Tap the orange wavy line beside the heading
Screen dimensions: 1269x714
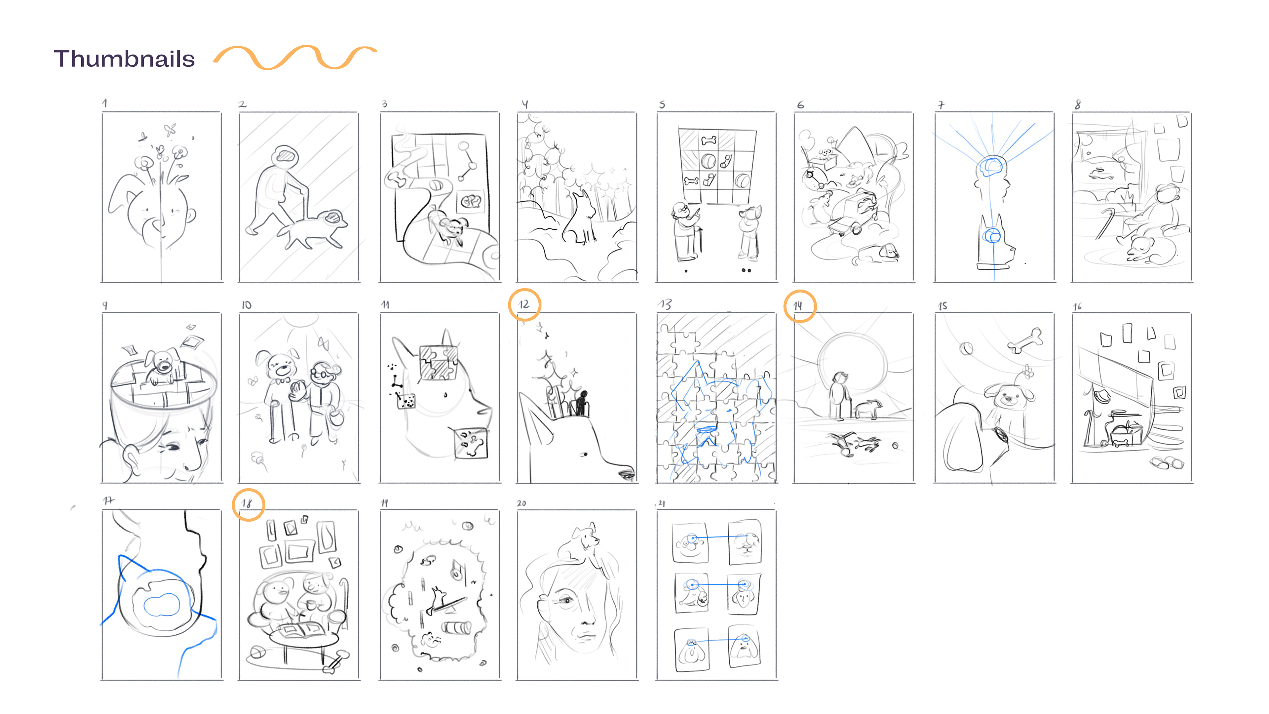[x=294, y=58]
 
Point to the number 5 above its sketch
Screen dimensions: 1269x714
[x=662, y=104]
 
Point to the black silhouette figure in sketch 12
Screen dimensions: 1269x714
[x=582, y=403]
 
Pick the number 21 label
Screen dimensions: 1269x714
[x=662, y=503]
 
